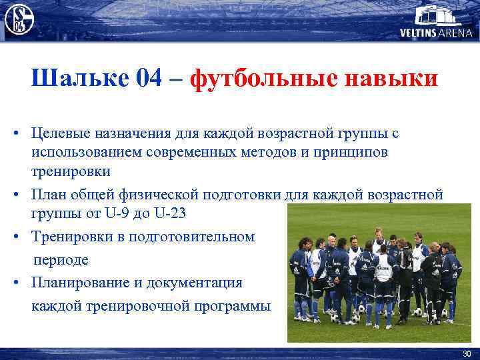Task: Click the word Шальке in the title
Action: (79, 79)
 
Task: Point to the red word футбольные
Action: (261, 79)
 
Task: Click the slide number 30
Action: (466, 353)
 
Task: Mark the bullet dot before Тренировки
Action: (14, 237)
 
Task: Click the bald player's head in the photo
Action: (328, 241)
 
